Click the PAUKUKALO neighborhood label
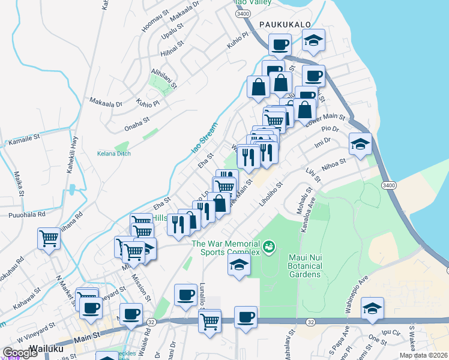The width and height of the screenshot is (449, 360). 285,23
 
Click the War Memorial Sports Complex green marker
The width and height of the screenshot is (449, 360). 269,245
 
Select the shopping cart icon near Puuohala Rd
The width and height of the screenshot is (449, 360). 49,238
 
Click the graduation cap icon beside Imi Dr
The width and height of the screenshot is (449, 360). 360,144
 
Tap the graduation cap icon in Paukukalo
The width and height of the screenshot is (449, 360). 313,41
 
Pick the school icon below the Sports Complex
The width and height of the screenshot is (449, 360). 239,265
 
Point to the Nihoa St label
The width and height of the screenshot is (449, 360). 334,162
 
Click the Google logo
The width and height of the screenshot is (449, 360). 20,353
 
